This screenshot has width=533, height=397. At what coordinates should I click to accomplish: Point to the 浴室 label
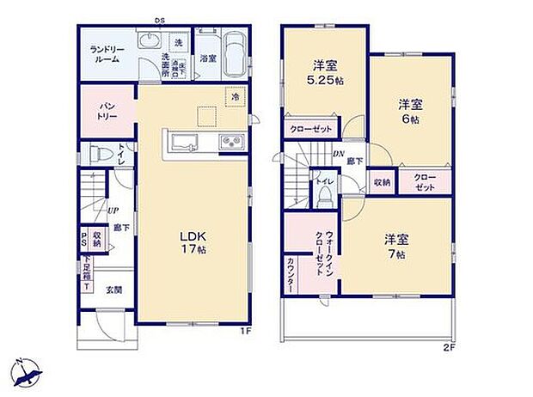207,58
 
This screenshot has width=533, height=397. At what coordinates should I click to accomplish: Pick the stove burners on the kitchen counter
232,143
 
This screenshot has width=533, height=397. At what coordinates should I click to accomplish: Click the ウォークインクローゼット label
312,247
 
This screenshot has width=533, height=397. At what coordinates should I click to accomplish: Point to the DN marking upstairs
338,155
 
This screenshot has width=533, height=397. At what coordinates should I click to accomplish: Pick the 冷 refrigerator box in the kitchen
234,97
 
